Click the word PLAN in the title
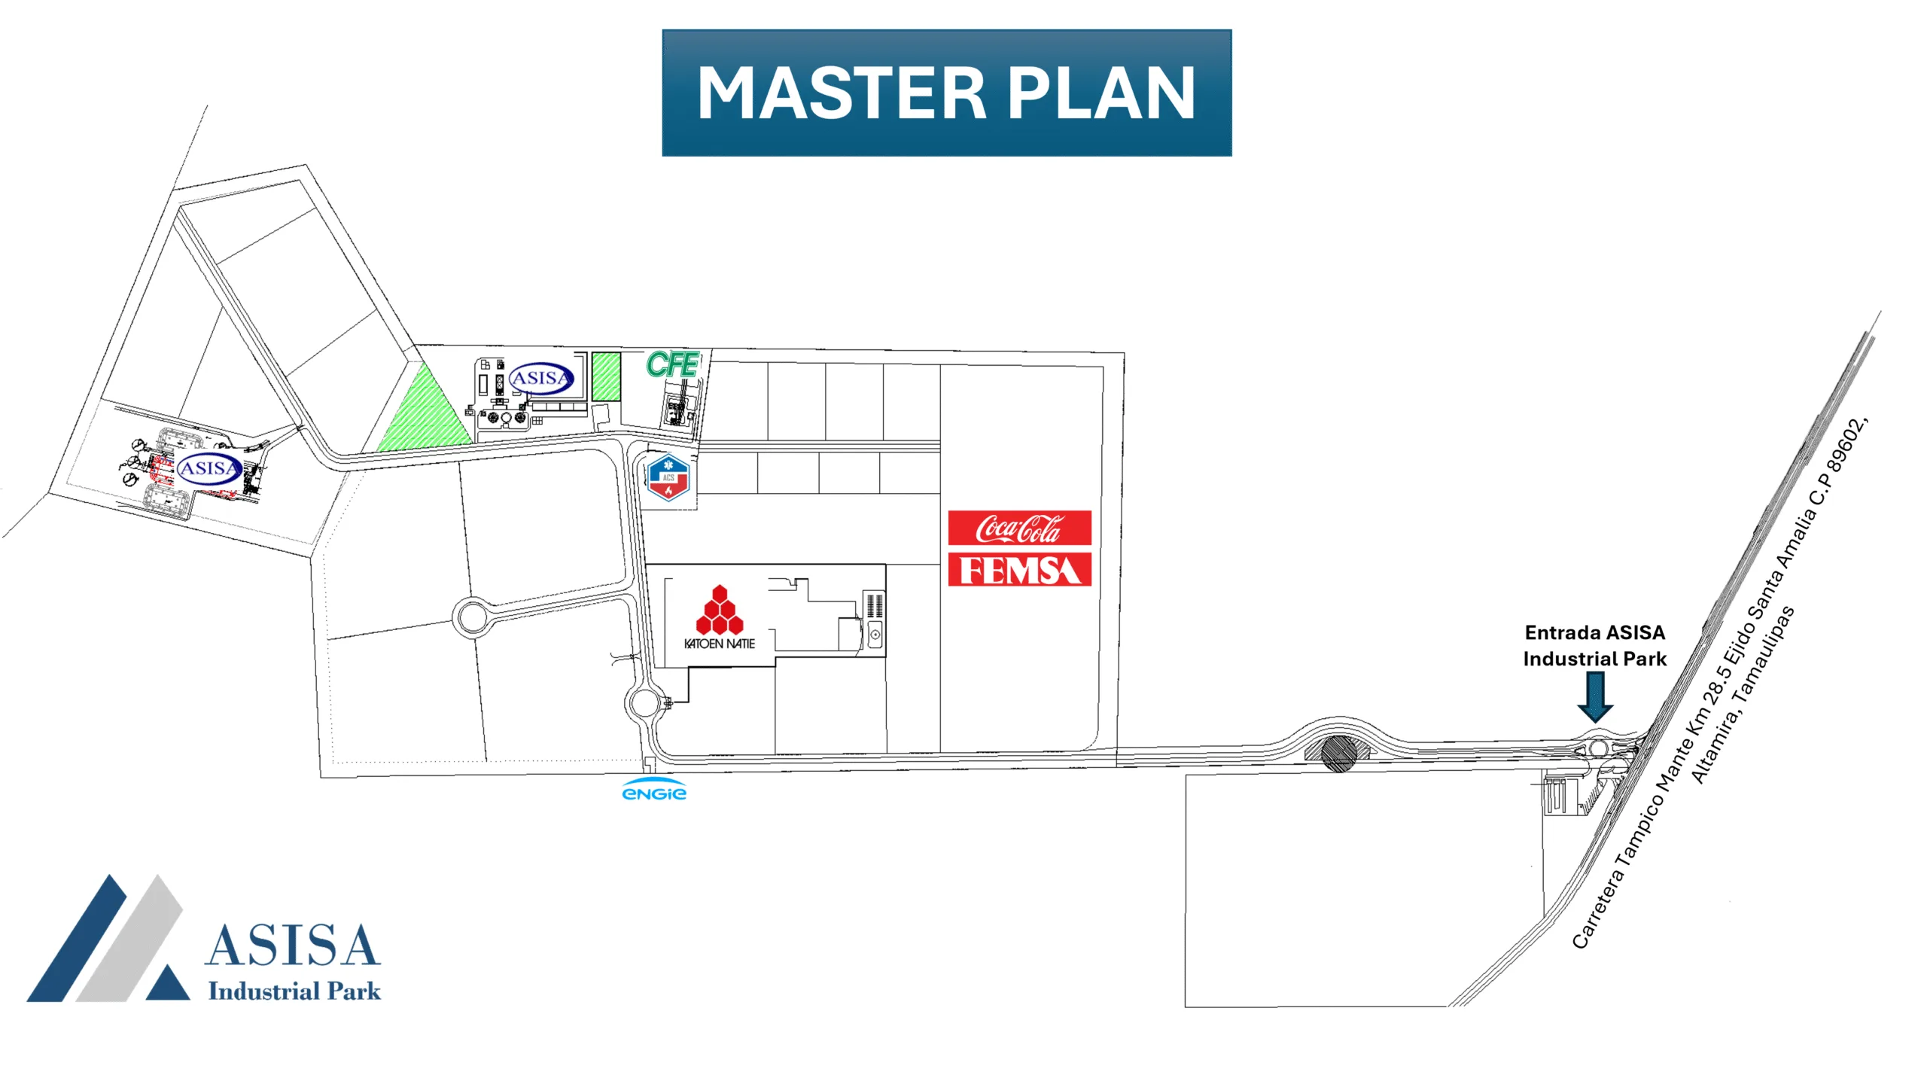[x=1101, y=93]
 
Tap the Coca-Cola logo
[x=1019, y=528]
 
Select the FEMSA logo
[x=1019, y=570]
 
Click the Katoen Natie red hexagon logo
[x=720, y=610]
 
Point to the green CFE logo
[x=672, y=364]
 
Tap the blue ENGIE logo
[x=654, y=790]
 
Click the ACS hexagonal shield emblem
[x=668, y=477]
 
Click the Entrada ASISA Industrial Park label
[x=1595, y=646]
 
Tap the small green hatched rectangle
[x=606, y=376]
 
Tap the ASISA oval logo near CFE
[x=541, y=379]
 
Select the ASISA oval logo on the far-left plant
[x=209, y=468]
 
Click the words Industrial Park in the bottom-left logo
[x=294, y=991]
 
